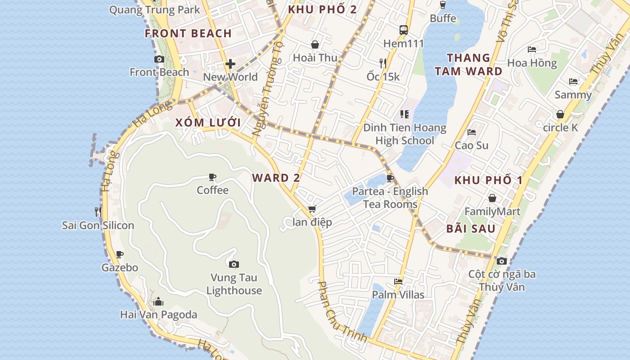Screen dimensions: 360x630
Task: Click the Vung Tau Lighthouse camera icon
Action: pyautogui.click(x=234, y=264)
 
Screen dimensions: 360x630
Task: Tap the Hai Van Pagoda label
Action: pyautogui.click(x=158, y=315)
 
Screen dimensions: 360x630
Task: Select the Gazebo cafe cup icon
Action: pyautogui.click(x=119, y=255)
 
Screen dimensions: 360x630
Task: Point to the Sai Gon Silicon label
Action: pyautogui.click(x=98, y=225)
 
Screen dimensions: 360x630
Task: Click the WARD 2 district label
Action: pyautogui.click(x=276, y=178)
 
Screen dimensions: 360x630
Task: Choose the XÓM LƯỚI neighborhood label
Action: pyautogui.click(x=208, y=123)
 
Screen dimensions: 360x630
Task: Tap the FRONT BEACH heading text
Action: pyautogui.click(x=188, y=33)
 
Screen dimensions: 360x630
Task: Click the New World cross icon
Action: pyautogui.click(x=230, y=64)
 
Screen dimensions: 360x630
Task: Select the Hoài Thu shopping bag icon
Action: pyautogui.click(x=315, y=45)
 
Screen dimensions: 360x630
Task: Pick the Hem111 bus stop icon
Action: pyautogui.click(x=404, y=30)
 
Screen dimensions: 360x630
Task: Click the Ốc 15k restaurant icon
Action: pyautogui.click(x=383, y=63)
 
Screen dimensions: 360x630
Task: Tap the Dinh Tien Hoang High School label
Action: pyautogui.click(x=405, y=134)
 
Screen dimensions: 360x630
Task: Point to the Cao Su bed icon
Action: pyautogui.click(x=472, y=132)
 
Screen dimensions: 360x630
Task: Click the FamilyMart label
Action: pyautogui.click(x=492, y=211)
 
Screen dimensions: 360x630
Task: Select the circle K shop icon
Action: pyautogui.click(x=560, y=114)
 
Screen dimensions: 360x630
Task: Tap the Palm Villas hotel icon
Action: pyautogui.click(x=398, y=282)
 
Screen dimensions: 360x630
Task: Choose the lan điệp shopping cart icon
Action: pyautogui.click(x=312, y=209)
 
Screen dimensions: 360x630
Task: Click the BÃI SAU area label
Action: pyautogui.click(x=471, y=229)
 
